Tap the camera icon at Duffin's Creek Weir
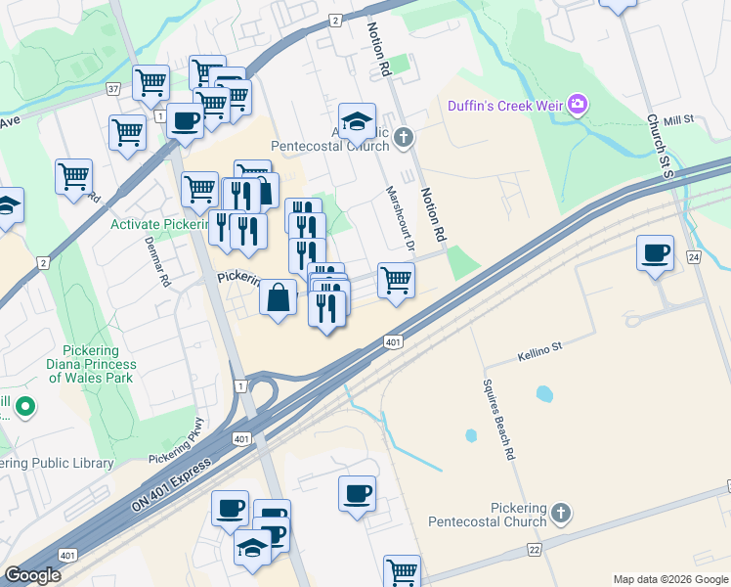[x=578, y=104]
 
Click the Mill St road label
[x=677, y=119]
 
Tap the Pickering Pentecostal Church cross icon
[x=561, y=512]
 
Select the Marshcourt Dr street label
[x=399, y=216]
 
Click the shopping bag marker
[x=279, y=296]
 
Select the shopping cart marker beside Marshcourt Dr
[x=396, y=280]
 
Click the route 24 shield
[x=694, y=257]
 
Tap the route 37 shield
[x=113, y=89]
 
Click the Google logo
[x=32, y=575]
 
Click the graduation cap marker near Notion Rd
[x=358, y=120]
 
